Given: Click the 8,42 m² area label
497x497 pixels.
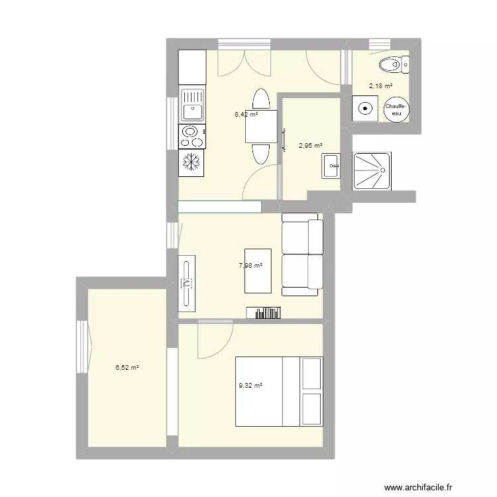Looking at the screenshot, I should click(246, 114).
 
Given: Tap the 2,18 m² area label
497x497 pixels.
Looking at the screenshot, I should click(380, 86).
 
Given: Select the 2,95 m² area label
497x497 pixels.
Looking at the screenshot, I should click(310, 146).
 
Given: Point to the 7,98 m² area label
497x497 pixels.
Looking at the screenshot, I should click(250, 266).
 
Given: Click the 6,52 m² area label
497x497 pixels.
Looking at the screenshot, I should click(127, 368).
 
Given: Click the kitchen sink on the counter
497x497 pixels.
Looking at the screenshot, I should click(192, 104).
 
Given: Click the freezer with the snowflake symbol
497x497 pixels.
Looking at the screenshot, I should click(192, 162).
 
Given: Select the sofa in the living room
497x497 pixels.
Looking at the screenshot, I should click(302, 254).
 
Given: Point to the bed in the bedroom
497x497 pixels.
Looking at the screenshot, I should click(279, 392).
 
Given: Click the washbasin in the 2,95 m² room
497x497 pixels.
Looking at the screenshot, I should click(331, 166).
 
